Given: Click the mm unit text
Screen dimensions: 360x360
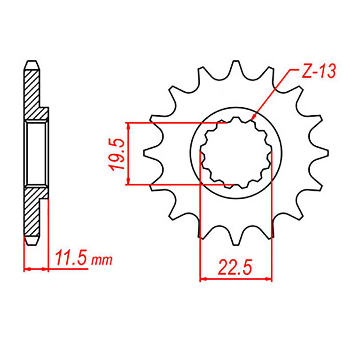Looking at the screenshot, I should coord(102,261).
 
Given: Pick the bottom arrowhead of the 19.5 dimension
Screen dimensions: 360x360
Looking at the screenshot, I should coord(128,181).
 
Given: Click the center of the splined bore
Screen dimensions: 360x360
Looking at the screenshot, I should coord(236,153).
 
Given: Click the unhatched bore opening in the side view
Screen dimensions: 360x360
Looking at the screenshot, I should coord(36,153).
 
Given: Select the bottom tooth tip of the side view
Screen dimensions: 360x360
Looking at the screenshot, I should coord(32,242).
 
